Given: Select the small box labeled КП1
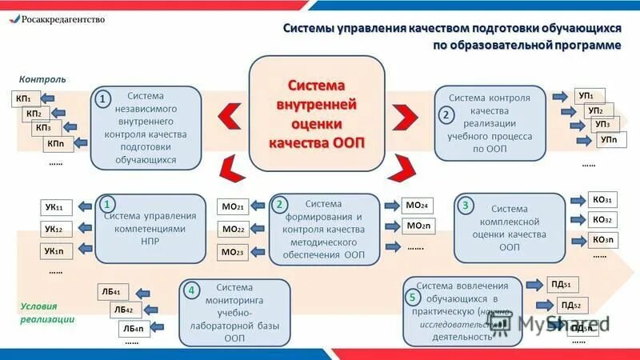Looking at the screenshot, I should [22, 98].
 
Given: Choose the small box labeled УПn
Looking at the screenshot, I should [606, 139].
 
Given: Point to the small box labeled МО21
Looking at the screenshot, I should [233, 207].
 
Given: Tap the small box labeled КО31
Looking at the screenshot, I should [602, 200].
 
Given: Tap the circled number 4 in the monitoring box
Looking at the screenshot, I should [191, 290].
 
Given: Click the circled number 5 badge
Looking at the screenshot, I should [412, 298].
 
